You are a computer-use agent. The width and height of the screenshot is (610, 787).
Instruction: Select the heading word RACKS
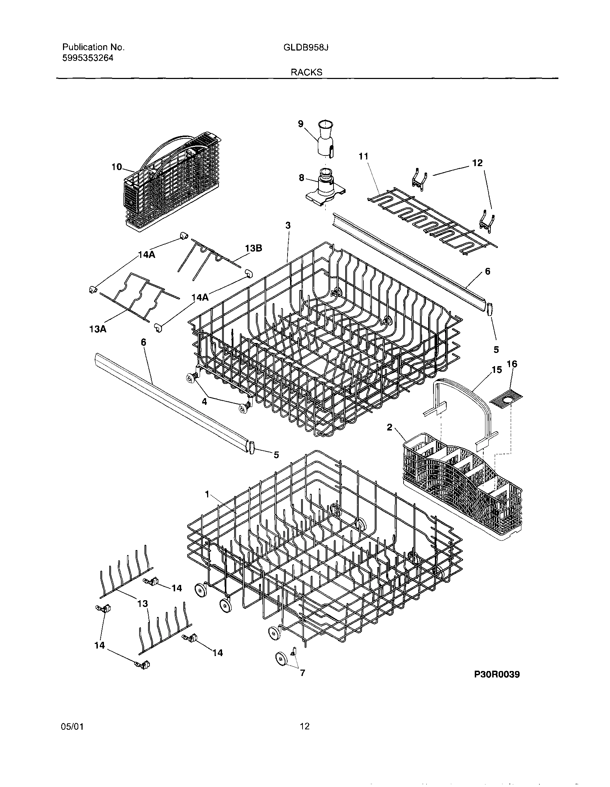coord(306,73)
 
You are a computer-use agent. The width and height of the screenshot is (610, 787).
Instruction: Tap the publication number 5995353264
coord(88,58)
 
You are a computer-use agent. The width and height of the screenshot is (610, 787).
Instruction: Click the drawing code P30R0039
coord(497,675)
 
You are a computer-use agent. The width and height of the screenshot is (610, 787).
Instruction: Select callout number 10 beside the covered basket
coord(117,167)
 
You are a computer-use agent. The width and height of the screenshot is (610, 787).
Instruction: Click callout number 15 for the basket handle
coord(496,370)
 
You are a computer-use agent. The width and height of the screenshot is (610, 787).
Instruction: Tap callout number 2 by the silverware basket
coord(389,427)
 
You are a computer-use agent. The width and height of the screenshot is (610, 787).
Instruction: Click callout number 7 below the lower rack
coord(302,672)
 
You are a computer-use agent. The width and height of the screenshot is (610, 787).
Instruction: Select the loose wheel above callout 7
coord(281,658)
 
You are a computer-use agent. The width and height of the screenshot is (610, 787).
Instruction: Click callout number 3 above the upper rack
coord(288,225)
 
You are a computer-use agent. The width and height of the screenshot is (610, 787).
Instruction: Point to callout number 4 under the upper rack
coord(204,401)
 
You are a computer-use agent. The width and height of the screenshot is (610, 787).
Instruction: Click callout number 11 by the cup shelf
coord(364,157)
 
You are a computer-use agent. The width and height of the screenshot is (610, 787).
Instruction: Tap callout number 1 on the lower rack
coord(207,495)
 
